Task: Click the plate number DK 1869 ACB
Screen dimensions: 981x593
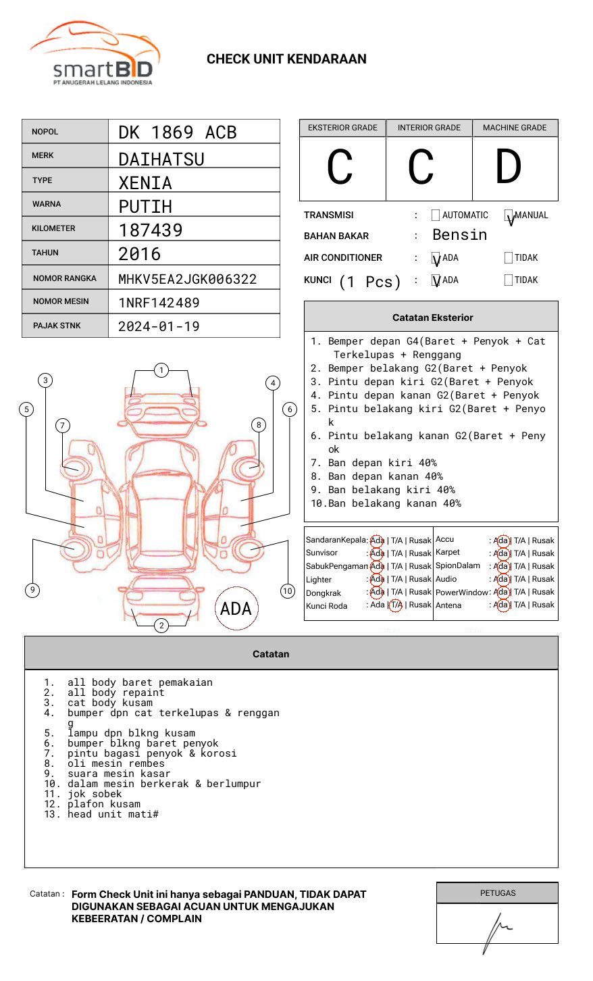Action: (177, 132)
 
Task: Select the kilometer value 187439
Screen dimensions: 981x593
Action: (150, 230)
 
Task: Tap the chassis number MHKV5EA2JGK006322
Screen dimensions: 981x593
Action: (187, 279)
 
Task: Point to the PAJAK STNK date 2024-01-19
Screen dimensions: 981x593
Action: (159, 326)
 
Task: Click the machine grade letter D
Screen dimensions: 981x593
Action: (508, 168)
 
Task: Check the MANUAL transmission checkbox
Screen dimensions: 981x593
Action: (509, 216)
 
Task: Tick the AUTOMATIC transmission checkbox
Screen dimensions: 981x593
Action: (436, 216)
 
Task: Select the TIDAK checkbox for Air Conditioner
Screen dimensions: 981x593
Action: (509, 258)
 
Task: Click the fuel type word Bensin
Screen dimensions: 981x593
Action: (459, 235)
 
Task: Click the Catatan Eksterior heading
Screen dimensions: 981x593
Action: (432, 318)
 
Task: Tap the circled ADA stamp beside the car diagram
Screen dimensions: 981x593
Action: (236, 609)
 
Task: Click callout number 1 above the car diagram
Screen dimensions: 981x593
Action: (161, 370)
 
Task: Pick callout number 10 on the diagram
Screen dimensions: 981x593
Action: (288, 591)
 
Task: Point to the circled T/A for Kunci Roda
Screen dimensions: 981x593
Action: (396, 605)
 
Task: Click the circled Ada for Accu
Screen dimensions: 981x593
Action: (501, 540)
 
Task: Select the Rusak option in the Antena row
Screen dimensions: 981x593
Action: (543, 605)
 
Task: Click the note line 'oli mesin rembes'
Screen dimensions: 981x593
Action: (115, 763)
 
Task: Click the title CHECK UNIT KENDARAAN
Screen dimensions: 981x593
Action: (286, 59)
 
